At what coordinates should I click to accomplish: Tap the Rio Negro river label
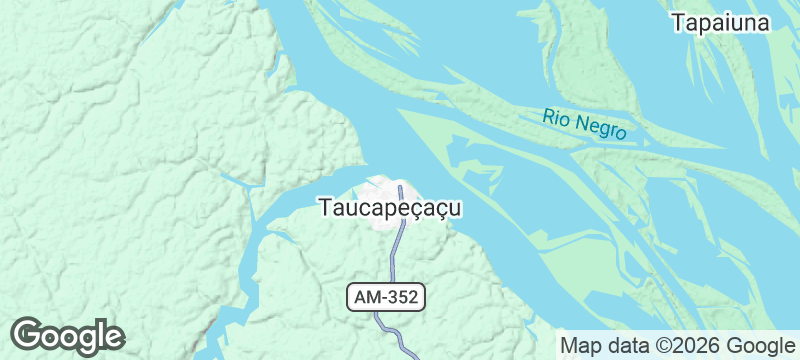pos(585,125)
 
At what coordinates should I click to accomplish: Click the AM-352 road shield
pos(387,297)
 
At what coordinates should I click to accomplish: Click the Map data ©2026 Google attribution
pos(676,346)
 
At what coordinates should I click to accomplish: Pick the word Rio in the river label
pos(556,117)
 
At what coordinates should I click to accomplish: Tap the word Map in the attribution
pos(581,346)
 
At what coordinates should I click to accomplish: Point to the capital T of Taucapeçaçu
pos(325,208)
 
